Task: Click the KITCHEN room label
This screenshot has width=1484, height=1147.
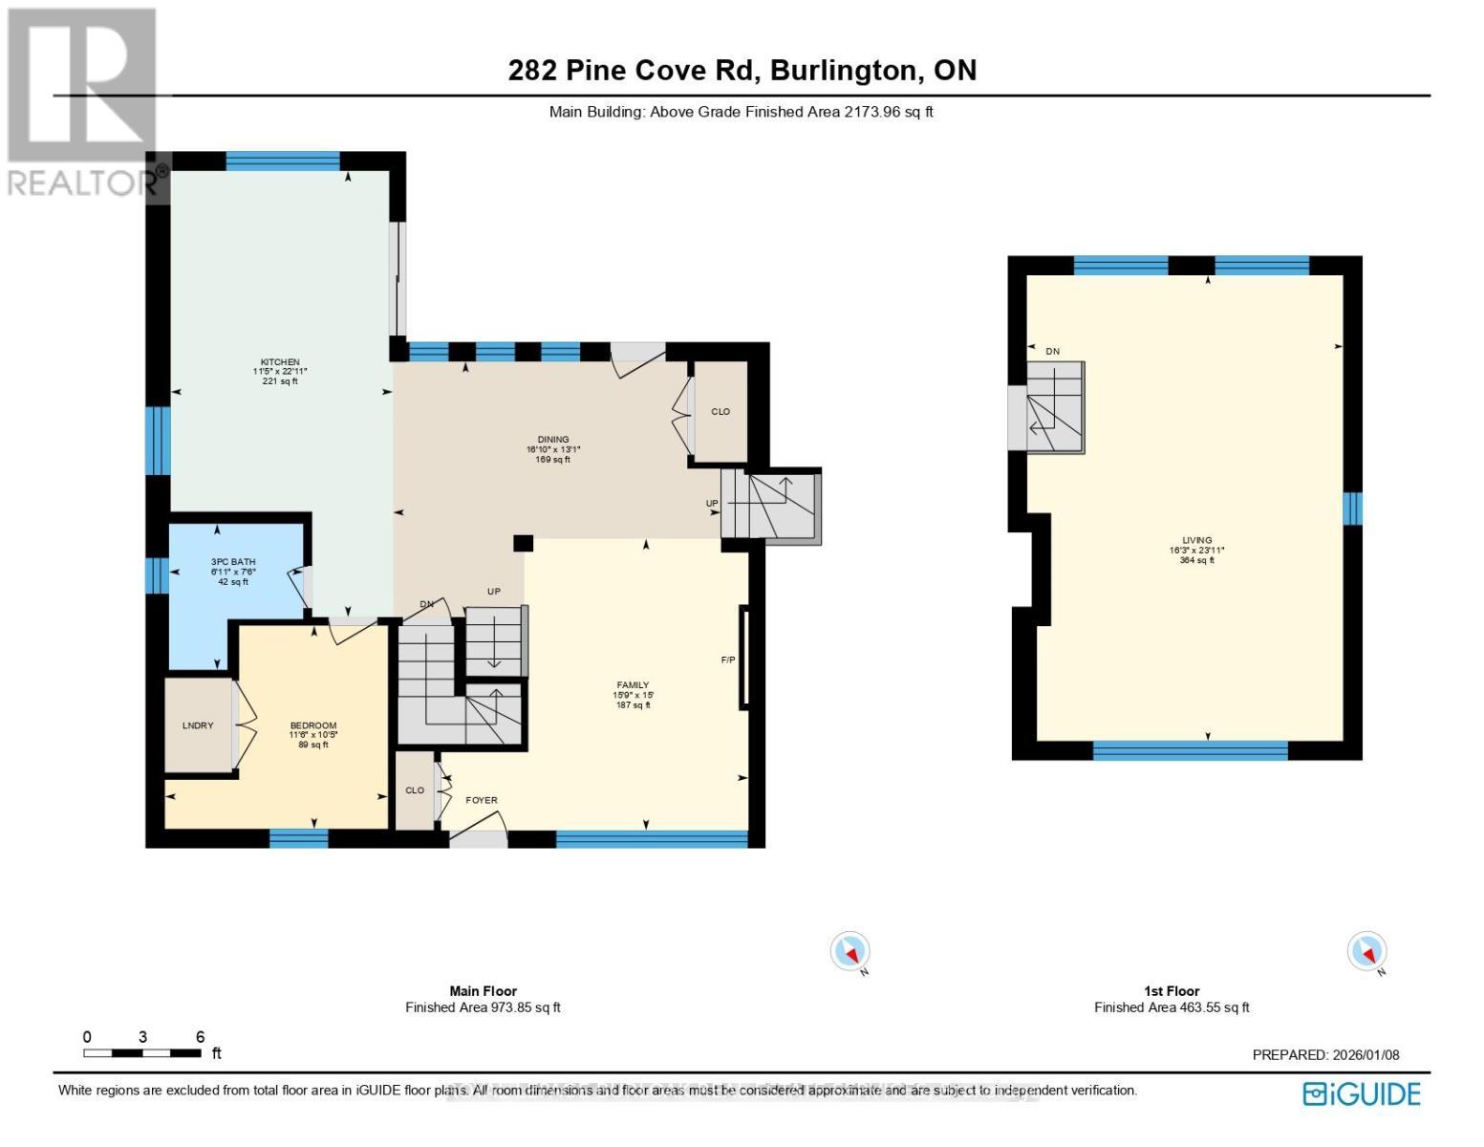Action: click(280, 362)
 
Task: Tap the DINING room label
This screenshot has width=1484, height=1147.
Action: click(553, 440)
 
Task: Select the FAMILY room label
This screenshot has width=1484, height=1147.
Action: click(633, 685)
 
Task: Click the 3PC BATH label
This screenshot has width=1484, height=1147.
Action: click(233, 562)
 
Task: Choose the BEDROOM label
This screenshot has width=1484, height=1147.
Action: click(313, 725)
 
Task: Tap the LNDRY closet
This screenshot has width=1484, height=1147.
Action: click(198, 725)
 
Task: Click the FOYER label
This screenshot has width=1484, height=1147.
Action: click(482, 800)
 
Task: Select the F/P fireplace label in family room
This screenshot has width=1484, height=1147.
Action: click(728, 660)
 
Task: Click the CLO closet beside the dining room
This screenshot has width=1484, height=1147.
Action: click(720, 412)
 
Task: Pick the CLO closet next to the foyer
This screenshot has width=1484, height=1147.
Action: click(415, 790)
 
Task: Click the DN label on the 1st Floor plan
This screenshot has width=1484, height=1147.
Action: click(1052, 352)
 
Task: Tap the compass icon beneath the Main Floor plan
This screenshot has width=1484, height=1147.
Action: click(850, 952)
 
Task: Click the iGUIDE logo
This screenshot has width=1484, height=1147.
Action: click(1363, 1093)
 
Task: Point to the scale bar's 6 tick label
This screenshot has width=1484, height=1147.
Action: click(201, 1037)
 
